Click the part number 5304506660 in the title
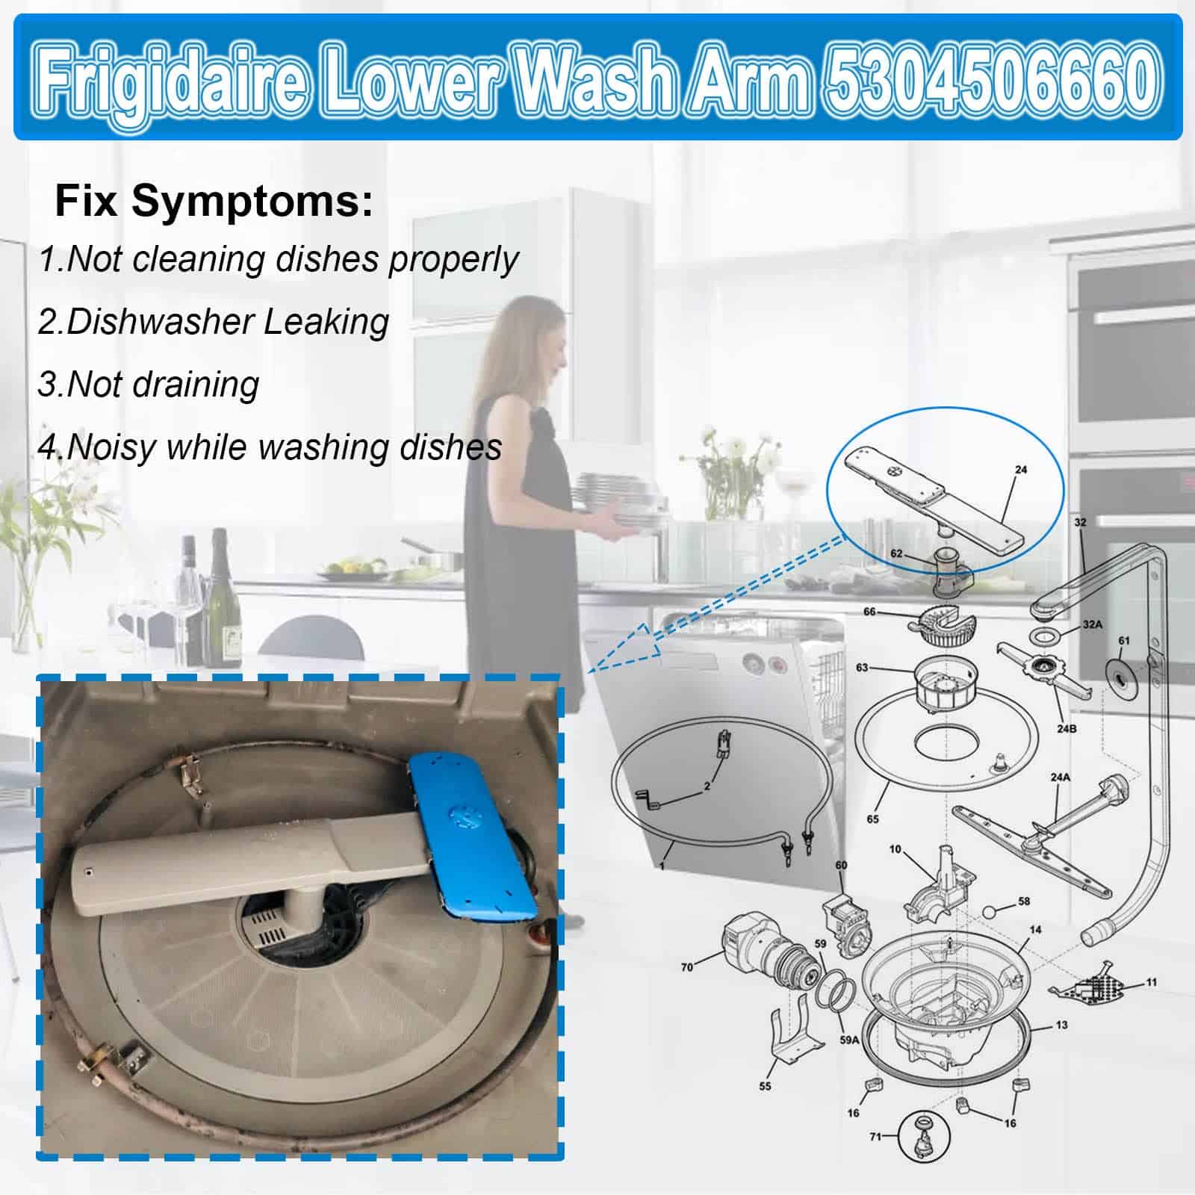click(994, 78)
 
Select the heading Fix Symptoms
click(214, 201)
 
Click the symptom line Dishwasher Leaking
click(214, 321)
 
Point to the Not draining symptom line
click(149, 384)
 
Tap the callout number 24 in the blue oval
click(1021, 470)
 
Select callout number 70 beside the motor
click(686, 967)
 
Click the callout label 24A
click(1060, 777)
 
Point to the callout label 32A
click(1092, 624)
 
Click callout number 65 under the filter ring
click(872, 819)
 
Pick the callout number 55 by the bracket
click(765, 1085)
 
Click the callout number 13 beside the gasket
click(1061, 1025)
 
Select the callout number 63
click(862, 667)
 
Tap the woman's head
click(535, 329)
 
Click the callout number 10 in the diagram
click(896, 849)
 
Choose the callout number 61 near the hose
click(1124, 640)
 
